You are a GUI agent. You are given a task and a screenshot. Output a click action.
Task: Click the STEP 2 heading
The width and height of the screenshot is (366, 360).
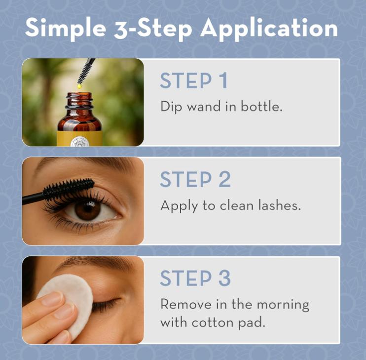(x=195, y=180)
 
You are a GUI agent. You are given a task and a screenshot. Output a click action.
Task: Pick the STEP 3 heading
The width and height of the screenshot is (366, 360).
(x=195, y=279)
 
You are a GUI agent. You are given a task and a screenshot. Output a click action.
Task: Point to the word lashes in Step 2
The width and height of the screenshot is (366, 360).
(x=278, y=205)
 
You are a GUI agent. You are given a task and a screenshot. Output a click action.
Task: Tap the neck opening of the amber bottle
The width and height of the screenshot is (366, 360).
(x=79, y=95)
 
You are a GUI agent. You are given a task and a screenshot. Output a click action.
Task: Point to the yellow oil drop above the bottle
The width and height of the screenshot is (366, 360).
(x=79, y=86)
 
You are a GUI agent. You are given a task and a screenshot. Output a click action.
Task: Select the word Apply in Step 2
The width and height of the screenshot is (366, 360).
(x=179, y=205)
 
